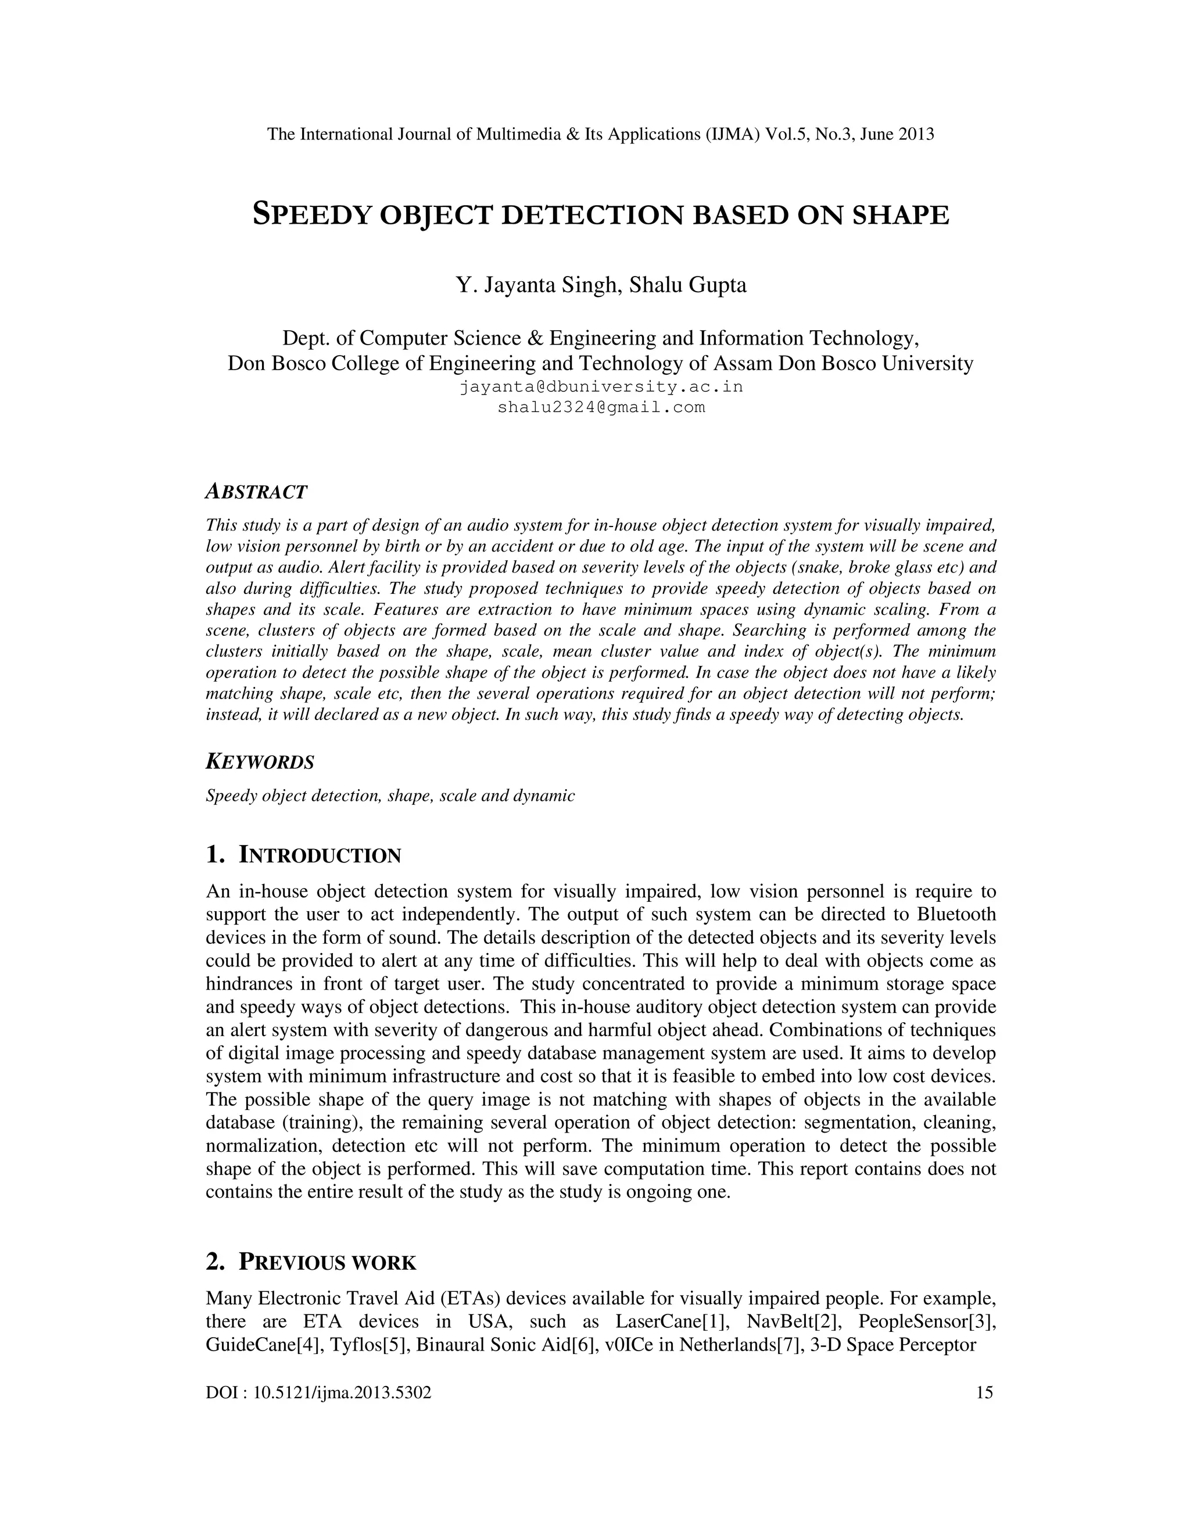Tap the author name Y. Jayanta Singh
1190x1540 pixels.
[535, 285]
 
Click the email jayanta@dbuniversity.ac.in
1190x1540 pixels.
[601, 387]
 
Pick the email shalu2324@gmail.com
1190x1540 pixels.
[601, 407]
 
